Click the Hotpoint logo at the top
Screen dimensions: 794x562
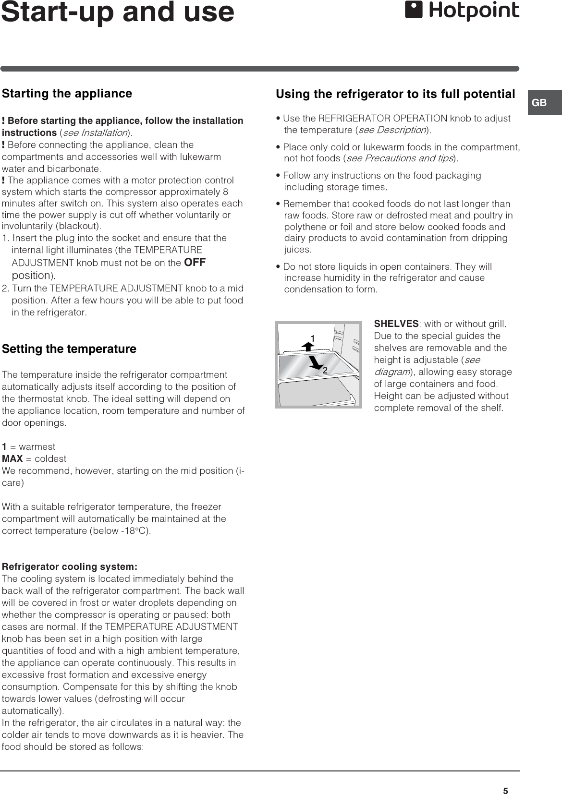[462, 11]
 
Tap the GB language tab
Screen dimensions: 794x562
[539, 103]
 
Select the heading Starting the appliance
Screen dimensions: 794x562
[67, 93]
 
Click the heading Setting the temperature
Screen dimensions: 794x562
[69, 349]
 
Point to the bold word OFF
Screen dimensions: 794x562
[195, 262]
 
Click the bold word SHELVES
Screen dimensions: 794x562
[396, 324]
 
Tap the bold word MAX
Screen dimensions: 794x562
[12, 458]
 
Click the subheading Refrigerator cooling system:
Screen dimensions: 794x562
[70, 566]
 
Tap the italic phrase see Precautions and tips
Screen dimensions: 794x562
[400, 158]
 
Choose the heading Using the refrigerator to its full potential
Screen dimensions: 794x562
[395, 94]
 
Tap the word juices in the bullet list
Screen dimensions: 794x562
[298, 250]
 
